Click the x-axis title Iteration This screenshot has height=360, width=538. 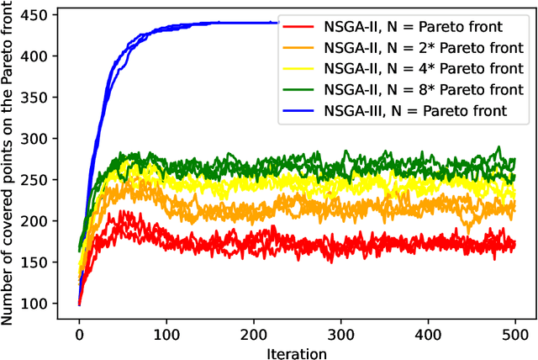pos(297,352)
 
